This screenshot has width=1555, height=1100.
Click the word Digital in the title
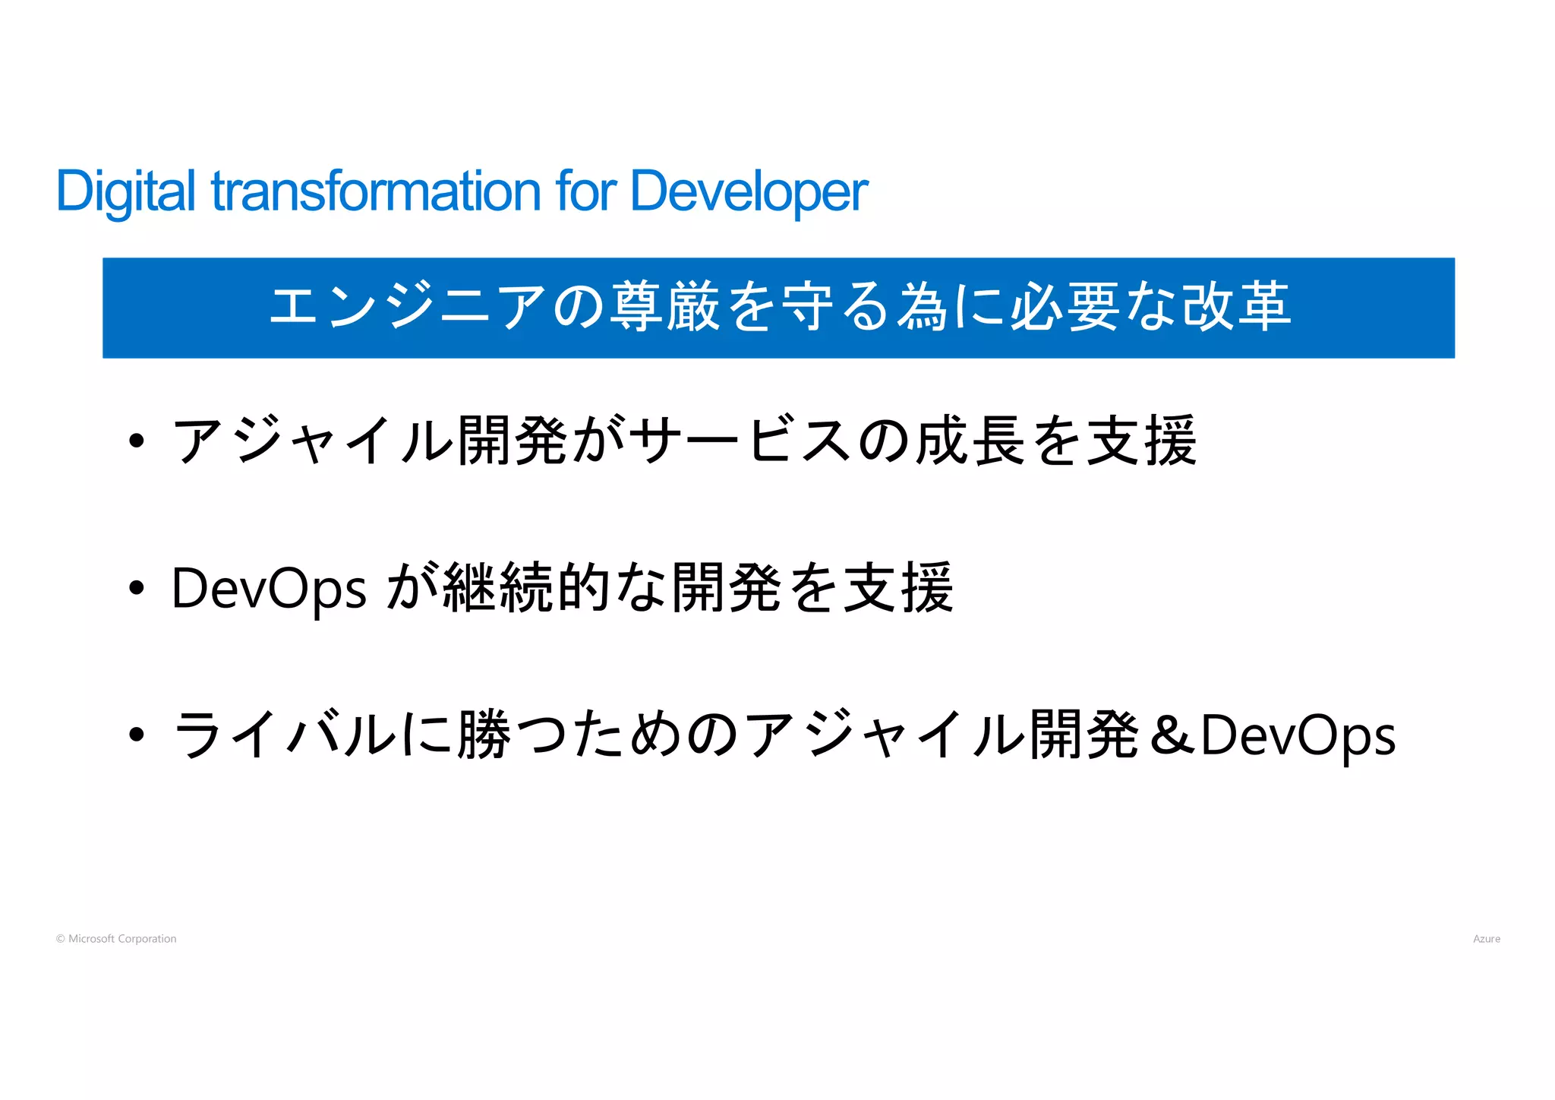[126, 191]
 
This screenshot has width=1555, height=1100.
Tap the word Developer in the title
[749, 191]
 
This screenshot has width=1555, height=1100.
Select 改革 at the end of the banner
[1236, 307]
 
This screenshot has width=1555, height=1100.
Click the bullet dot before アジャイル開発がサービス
[137, 441]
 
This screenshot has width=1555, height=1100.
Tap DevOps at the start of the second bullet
[269, 589]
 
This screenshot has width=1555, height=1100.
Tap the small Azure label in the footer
[1486, 939]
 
